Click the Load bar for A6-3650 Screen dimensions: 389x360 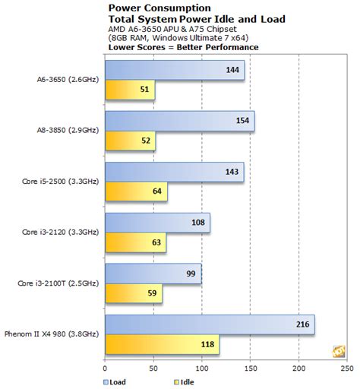[x=175, y=71]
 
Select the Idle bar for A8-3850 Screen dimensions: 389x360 [x=131, y=141]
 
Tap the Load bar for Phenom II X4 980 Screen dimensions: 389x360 [x=210, y=325]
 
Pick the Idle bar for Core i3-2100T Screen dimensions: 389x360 [x=134, y=293]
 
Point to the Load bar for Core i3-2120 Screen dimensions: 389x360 [x=158, y=223]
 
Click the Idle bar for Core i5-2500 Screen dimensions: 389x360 [x=136, y=191]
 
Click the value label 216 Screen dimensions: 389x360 [x=302, y=325]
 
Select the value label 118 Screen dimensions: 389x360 [x=207, y=343]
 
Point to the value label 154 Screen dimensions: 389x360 [x=242, y=122]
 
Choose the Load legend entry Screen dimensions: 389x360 [x=115, y=382]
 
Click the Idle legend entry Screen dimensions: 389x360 [x=162, y=382]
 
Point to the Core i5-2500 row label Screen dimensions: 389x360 [x=57, y=182]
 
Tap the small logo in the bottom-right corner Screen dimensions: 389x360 [x=337, y=350]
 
